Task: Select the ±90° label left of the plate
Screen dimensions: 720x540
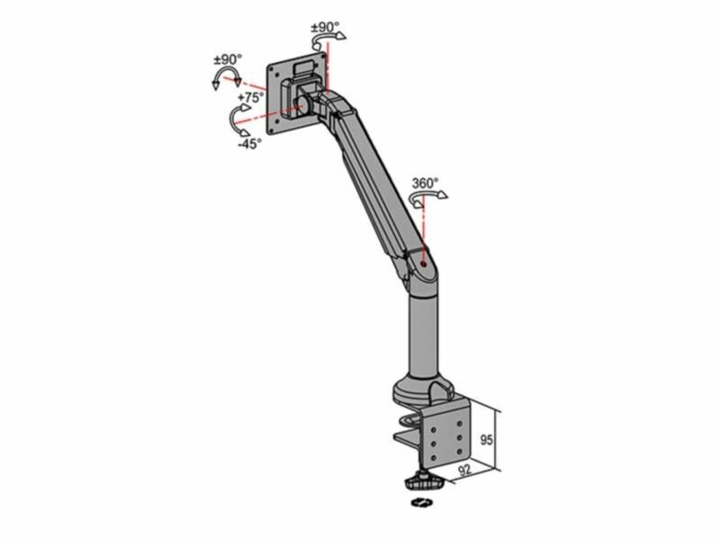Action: (228, 59)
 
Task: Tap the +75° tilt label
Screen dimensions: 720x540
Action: (251, 97)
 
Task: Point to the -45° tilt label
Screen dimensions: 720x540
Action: (250, 144)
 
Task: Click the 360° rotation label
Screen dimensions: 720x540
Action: (425, 184)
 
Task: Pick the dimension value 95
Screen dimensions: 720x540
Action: (486, 439)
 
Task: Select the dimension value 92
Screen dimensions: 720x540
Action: (465, 470)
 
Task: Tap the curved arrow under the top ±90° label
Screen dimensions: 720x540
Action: (328, 40)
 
